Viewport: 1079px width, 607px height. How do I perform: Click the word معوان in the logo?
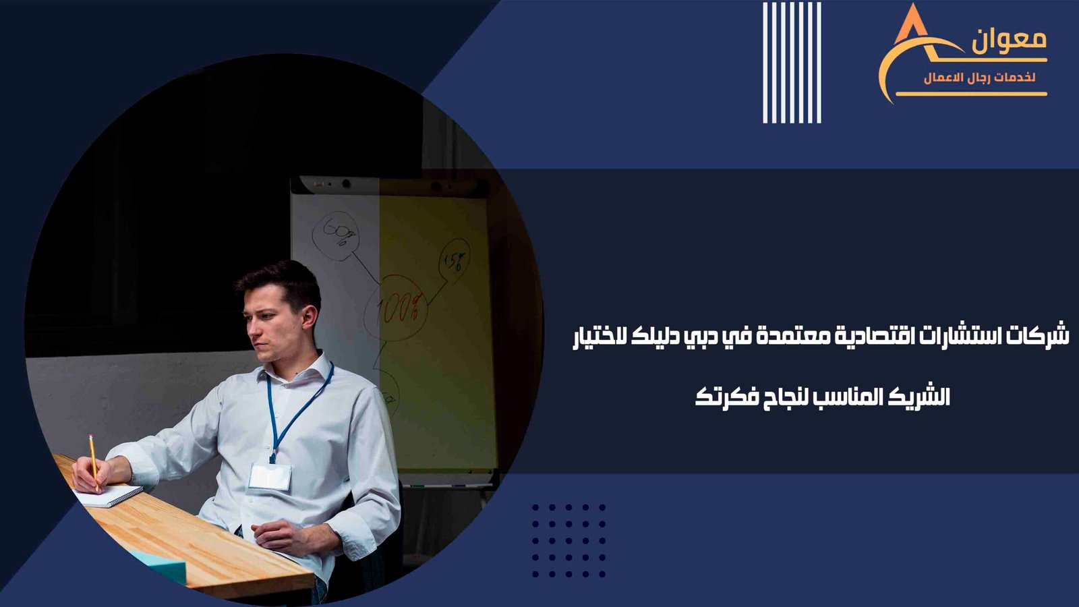click(x=1009, y=41)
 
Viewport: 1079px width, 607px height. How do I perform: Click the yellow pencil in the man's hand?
click(x=94, y=463)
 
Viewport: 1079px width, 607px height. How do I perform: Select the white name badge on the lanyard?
click(x=270, y=477)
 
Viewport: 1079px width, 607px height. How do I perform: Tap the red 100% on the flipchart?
click(x=396, y=308)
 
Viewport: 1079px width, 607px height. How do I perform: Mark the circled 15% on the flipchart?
click(x=455, y=261)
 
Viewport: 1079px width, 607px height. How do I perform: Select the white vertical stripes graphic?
click(x=792, y=63)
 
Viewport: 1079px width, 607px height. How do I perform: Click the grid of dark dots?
click(x=569, y=540)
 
